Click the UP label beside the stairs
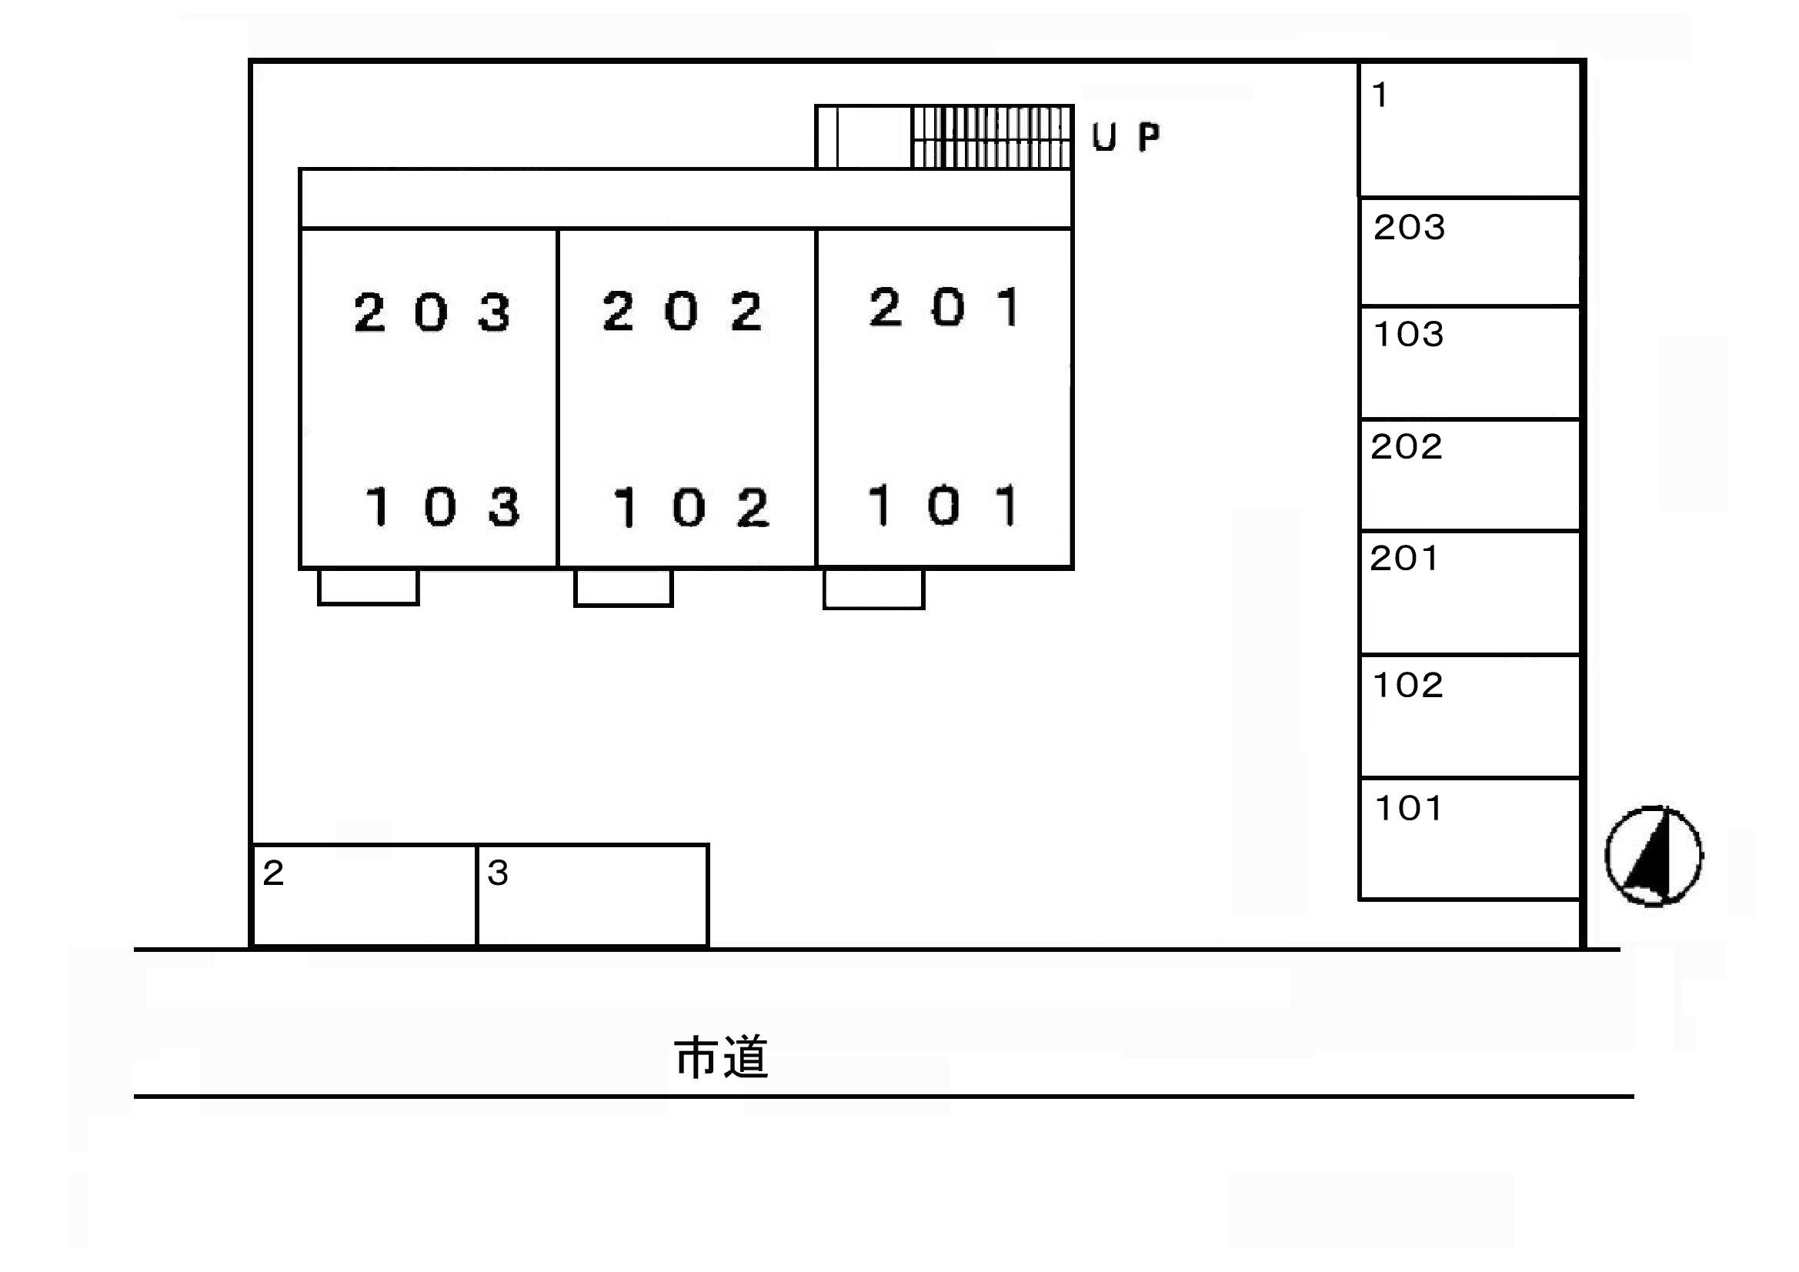coord(1126,137)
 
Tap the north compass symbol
coord(1654,856)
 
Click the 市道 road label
coord(721,1057)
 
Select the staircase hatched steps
coord(991,137)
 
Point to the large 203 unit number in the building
coord(432,312)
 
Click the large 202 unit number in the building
coord(682,310)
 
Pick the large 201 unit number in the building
coord(944,306)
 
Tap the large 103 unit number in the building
coord(442,506)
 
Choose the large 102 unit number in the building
coord(691,507)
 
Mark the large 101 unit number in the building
coord(943,505)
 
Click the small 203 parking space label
coord(1409,227)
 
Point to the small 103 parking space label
coord(1408,334)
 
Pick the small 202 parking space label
coord(1407,447)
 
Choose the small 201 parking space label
coord(1404,558)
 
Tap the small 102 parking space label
coord(1408,685)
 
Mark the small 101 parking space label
coord(1408,808)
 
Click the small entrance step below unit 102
coord(624,587)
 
